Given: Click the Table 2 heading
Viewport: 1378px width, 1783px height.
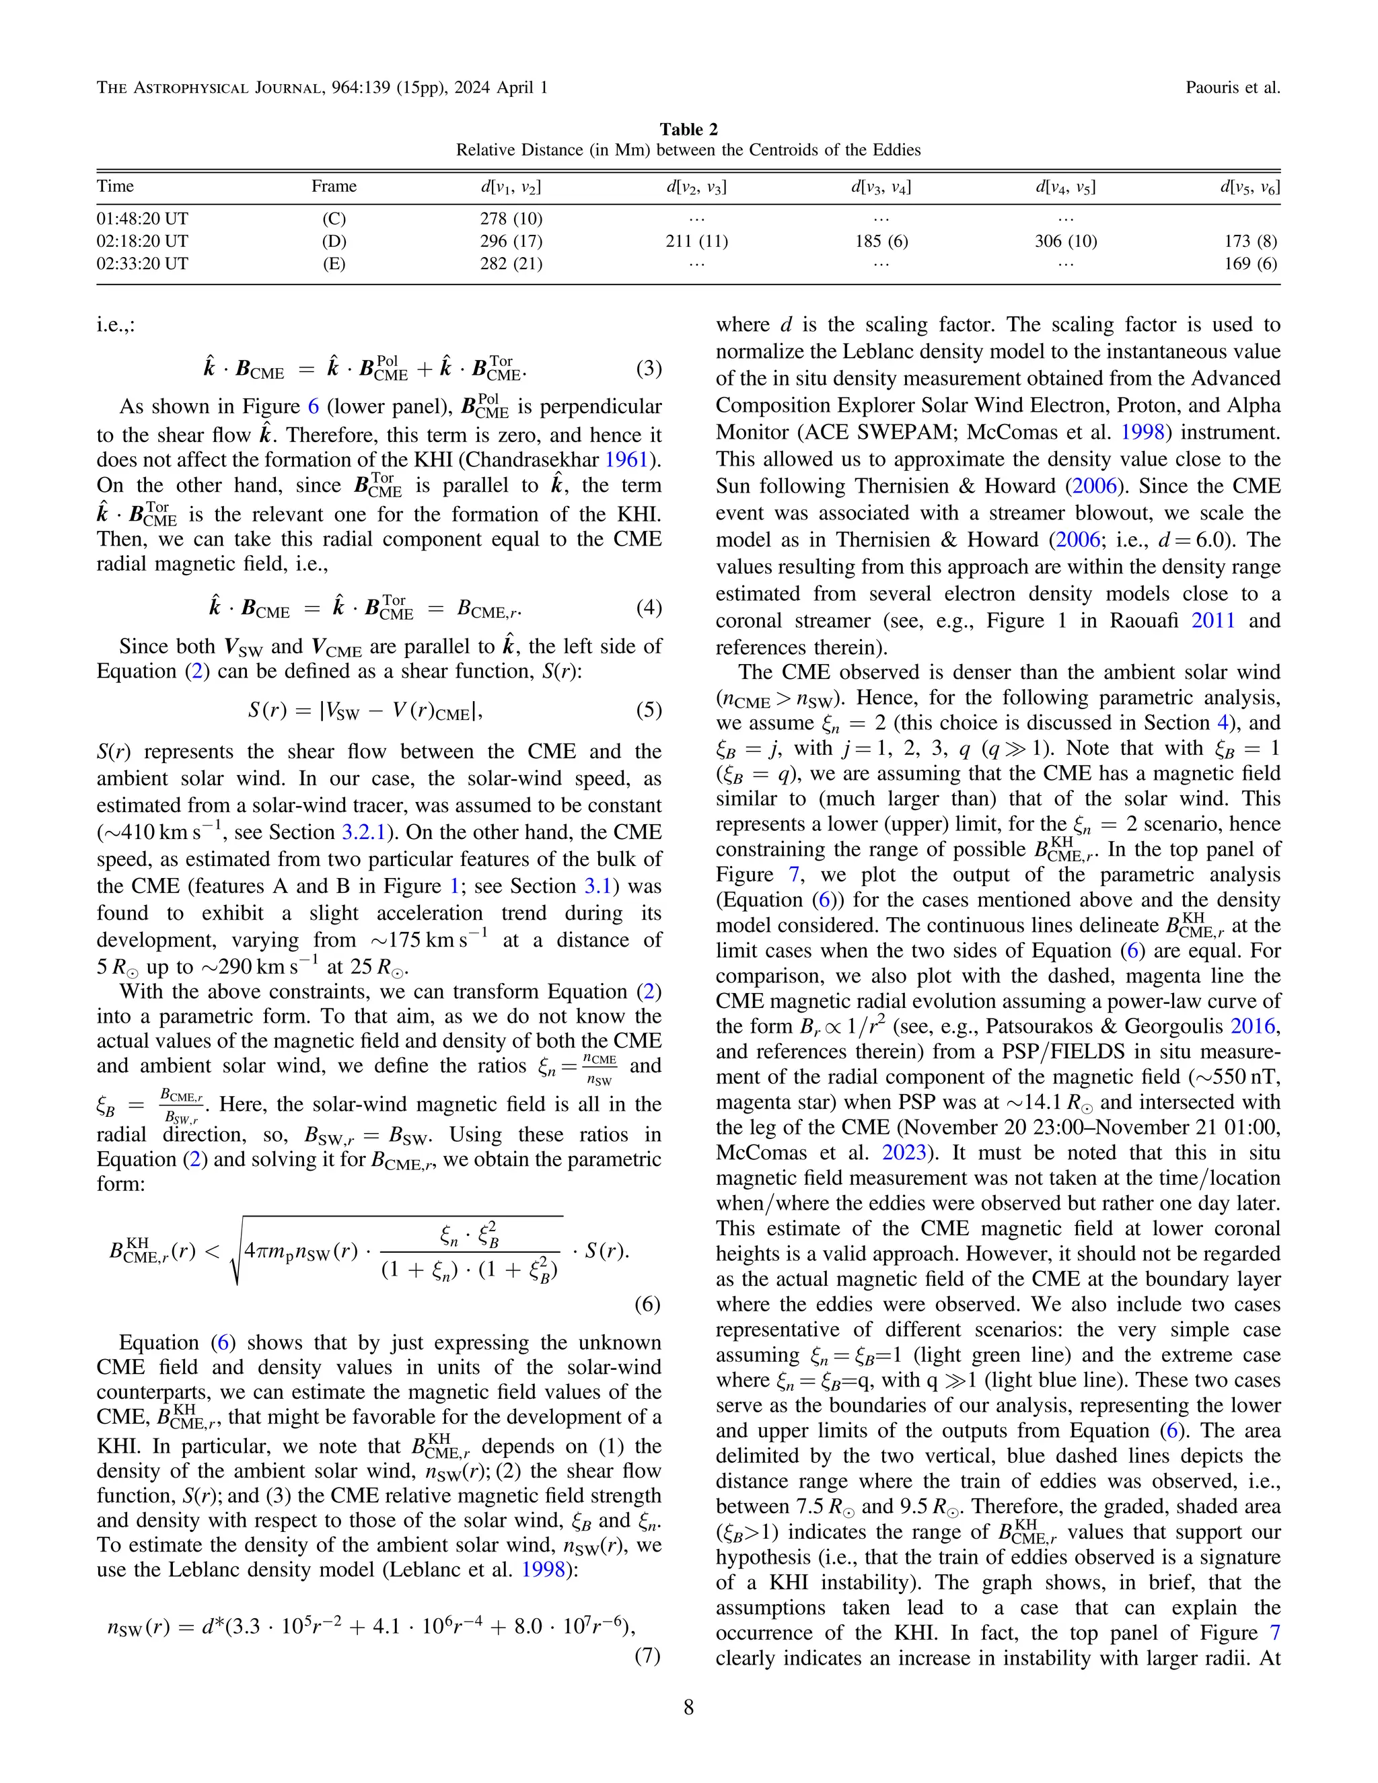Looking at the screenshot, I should [x=688, y=129].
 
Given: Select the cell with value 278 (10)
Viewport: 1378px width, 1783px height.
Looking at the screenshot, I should [x=511, y=219].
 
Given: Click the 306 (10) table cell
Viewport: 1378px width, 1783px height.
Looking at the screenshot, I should [x=1065, y=241].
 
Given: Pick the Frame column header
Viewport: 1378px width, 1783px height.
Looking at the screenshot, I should [x=333, y=186].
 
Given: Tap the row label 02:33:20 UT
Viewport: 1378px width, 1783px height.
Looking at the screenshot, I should [x=142, y=263].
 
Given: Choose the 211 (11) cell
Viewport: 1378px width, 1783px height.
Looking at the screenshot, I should [x=696, y=241].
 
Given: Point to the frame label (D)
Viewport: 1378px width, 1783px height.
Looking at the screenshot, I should [x=333, y=241].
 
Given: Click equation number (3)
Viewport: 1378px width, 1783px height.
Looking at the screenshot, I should [x=648, y=368].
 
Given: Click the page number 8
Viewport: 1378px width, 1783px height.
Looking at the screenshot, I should [x=688, y=1707].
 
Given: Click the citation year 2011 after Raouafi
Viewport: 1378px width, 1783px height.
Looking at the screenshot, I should [x=1213, y=620].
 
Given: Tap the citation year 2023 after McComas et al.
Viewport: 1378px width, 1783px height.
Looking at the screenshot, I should [x=904, y=1153].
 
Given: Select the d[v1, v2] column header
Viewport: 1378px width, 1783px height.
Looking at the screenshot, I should [x=511, y=187].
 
